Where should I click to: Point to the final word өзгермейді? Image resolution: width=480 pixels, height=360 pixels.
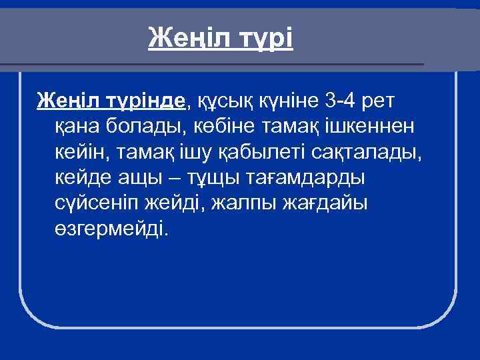(x=110, y=228)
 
